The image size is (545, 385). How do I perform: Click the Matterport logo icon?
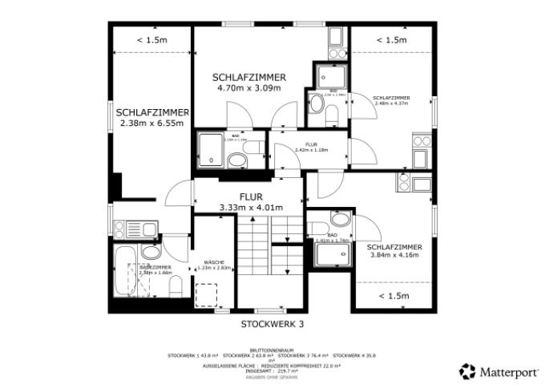tap(467, 371)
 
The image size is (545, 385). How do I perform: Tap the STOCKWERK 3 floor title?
tap(272, 324)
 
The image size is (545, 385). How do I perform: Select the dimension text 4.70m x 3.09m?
tap(249, 87)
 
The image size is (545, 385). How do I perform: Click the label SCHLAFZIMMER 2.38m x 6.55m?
tap(151, 118)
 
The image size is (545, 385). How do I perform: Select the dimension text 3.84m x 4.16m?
tap(395, 256)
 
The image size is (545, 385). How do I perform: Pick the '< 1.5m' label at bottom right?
tap(394, 296)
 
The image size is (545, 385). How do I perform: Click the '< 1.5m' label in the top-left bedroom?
tap(151, 39)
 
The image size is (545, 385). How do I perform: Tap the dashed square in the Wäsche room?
tap(208, 294)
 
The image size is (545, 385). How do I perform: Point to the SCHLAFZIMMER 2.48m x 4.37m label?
tap(390, 101)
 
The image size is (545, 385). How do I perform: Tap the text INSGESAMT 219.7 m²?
tap(272, 371)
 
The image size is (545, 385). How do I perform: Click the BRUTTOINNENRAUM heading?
tap(272, 350)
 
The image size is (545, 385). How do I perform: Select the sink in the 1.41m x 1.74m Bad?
tap(339, 219)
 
